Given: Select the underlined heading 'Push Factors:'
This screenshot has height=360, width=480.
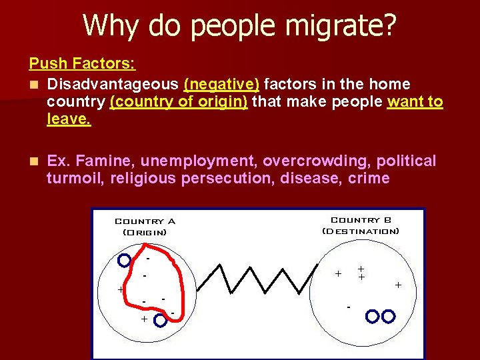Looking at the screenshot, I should coord(82,64).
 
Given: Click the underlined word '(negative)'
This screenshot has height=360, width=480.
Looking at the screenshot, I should coord(221,84).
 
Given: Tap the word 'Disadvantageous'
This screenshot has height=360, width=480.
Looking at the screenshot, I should coord(113,84).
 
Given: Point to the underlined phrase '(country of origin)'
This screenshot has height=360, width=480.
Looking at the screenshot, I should coord(179,103).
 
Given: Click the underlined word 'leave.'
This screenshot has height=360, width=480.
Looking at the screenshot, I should coord(69,121).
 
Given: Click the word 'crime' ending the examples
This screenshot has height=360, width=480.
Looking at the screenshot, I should coord(369,179).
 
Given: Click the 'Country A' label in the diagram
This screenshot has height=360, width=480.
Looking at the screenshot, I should coord(145,221).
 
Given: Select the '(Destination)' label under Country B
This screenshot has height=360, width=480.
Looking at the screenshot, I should coord(361,231).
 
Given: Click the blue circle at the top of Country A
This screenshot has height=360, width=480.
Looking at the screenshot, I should coord(124,261).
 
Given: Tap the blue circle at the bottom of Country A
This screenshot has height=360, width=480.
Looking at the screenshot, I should coord(160,321).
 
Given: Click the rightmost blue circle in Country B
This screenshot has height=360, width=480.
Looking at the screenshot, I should coord(388,315).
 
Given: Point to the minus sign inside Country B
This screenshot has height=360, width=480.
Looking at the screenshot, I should coord(348,307).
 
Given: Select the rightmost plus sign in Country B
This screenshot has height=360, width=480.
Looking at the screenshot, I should coord(398,285).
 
